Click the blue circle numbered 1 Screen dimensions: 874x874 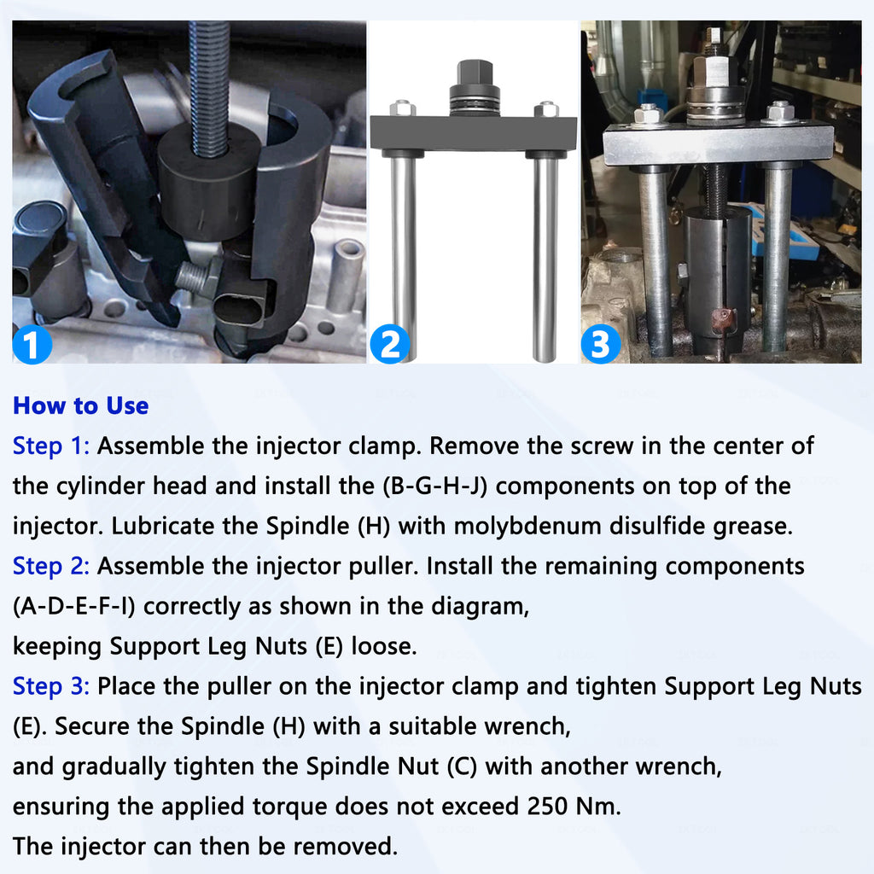click(x=32, y=344)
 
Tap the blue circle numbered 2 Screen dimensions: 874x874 click(x=389, y=344)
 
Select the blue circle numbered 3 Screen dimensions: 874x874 click(x=601, y=344)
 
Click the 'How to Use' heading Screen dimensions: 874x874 click(x=81, y=405)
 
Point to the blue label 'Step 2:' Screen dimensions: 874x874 click(x=51, y=567)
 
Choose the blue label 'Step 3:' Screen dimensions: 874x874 click(x=51, y=687)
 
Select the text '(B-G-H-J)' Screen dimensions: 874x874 click(x=434, y=486)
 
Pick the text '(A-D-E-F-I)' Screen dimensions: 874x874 click(x=74, y=607)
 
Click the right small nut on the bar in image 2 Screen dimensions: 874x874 click(x=545, y=108)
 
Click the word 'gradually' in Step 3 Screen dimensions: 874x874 click(x=114, y=767)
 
